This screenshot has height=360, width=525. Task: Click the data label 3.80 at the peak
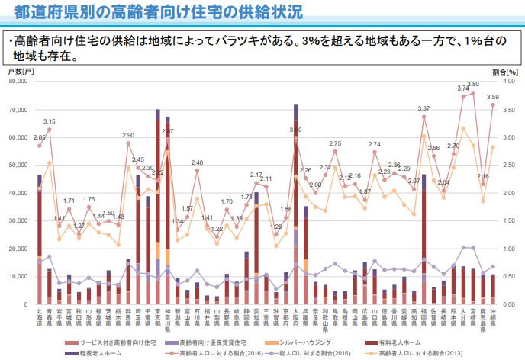click(473, 84)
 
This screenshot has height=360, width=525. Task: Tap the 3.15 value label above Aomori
click(50, 121)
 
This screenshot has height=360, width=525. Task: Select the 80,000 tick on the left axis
click(19, 82)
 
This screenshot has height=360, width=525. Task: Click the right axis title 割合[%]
click(505, 71)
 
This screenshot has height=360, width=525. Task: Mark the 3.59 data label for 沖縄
click(492, 97)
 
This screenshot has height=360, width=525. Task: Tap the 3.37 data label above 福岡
click(424, 109)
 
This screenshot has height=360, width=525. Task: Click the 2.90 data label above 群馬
click(128, 135)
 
